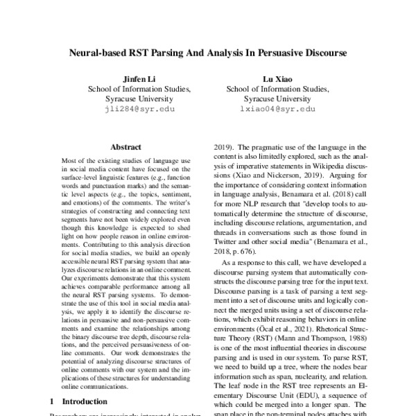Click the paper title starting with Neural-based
[207, 53]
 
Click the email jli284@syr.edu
[135, 110]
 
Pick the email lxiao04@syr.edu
[277, 110]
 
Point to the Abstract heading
[125, 147]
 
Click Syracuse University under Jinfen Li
[135, 99]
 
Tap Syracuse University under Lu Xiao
[277, 99]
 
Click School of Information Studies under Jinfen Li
[135, 89]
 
